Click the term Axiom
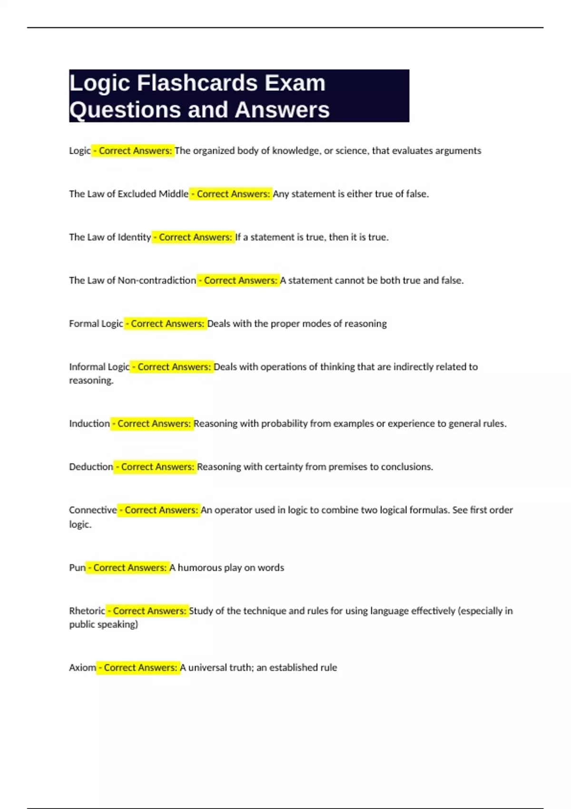coord(82,668)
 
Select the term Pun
coord(77,568)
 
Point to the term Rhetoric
coord(87,611)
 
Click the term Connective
coord(93,510)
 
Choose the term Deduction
coord(91,467)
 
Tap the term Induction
coord(89,424)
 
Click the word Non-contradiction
coord(157,281)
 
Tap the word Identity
coord(134,237)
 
